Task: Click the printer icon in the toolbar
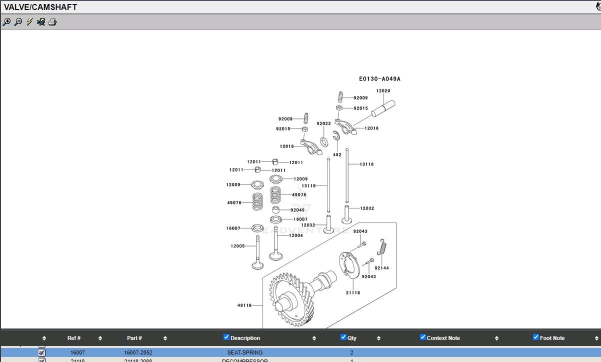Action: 52,22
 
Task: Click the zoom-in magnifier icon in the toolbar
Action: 6,22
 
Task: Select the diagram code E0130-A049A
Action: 379,79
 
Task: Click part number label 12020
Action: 383,91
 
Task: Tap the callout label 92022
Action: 323,123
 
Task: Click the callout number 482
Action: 337,155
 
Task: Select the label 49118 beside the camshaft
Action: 244,305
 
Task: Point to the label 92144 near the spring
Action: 381,268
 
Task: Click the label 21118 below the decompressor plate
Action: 352,293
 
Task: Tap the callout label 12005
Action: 237,246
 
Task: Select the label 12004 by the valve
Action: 296,235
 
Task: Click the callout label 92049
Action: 297,210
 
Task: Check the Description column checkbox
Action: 226,337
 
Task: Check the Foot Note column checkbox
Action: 536,337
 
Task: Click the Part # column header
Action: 134,338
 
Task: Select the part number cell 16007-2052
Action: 138,352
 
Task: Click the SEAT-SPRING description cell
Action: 244,352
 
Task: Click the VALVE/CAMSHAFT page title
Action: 40,7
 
